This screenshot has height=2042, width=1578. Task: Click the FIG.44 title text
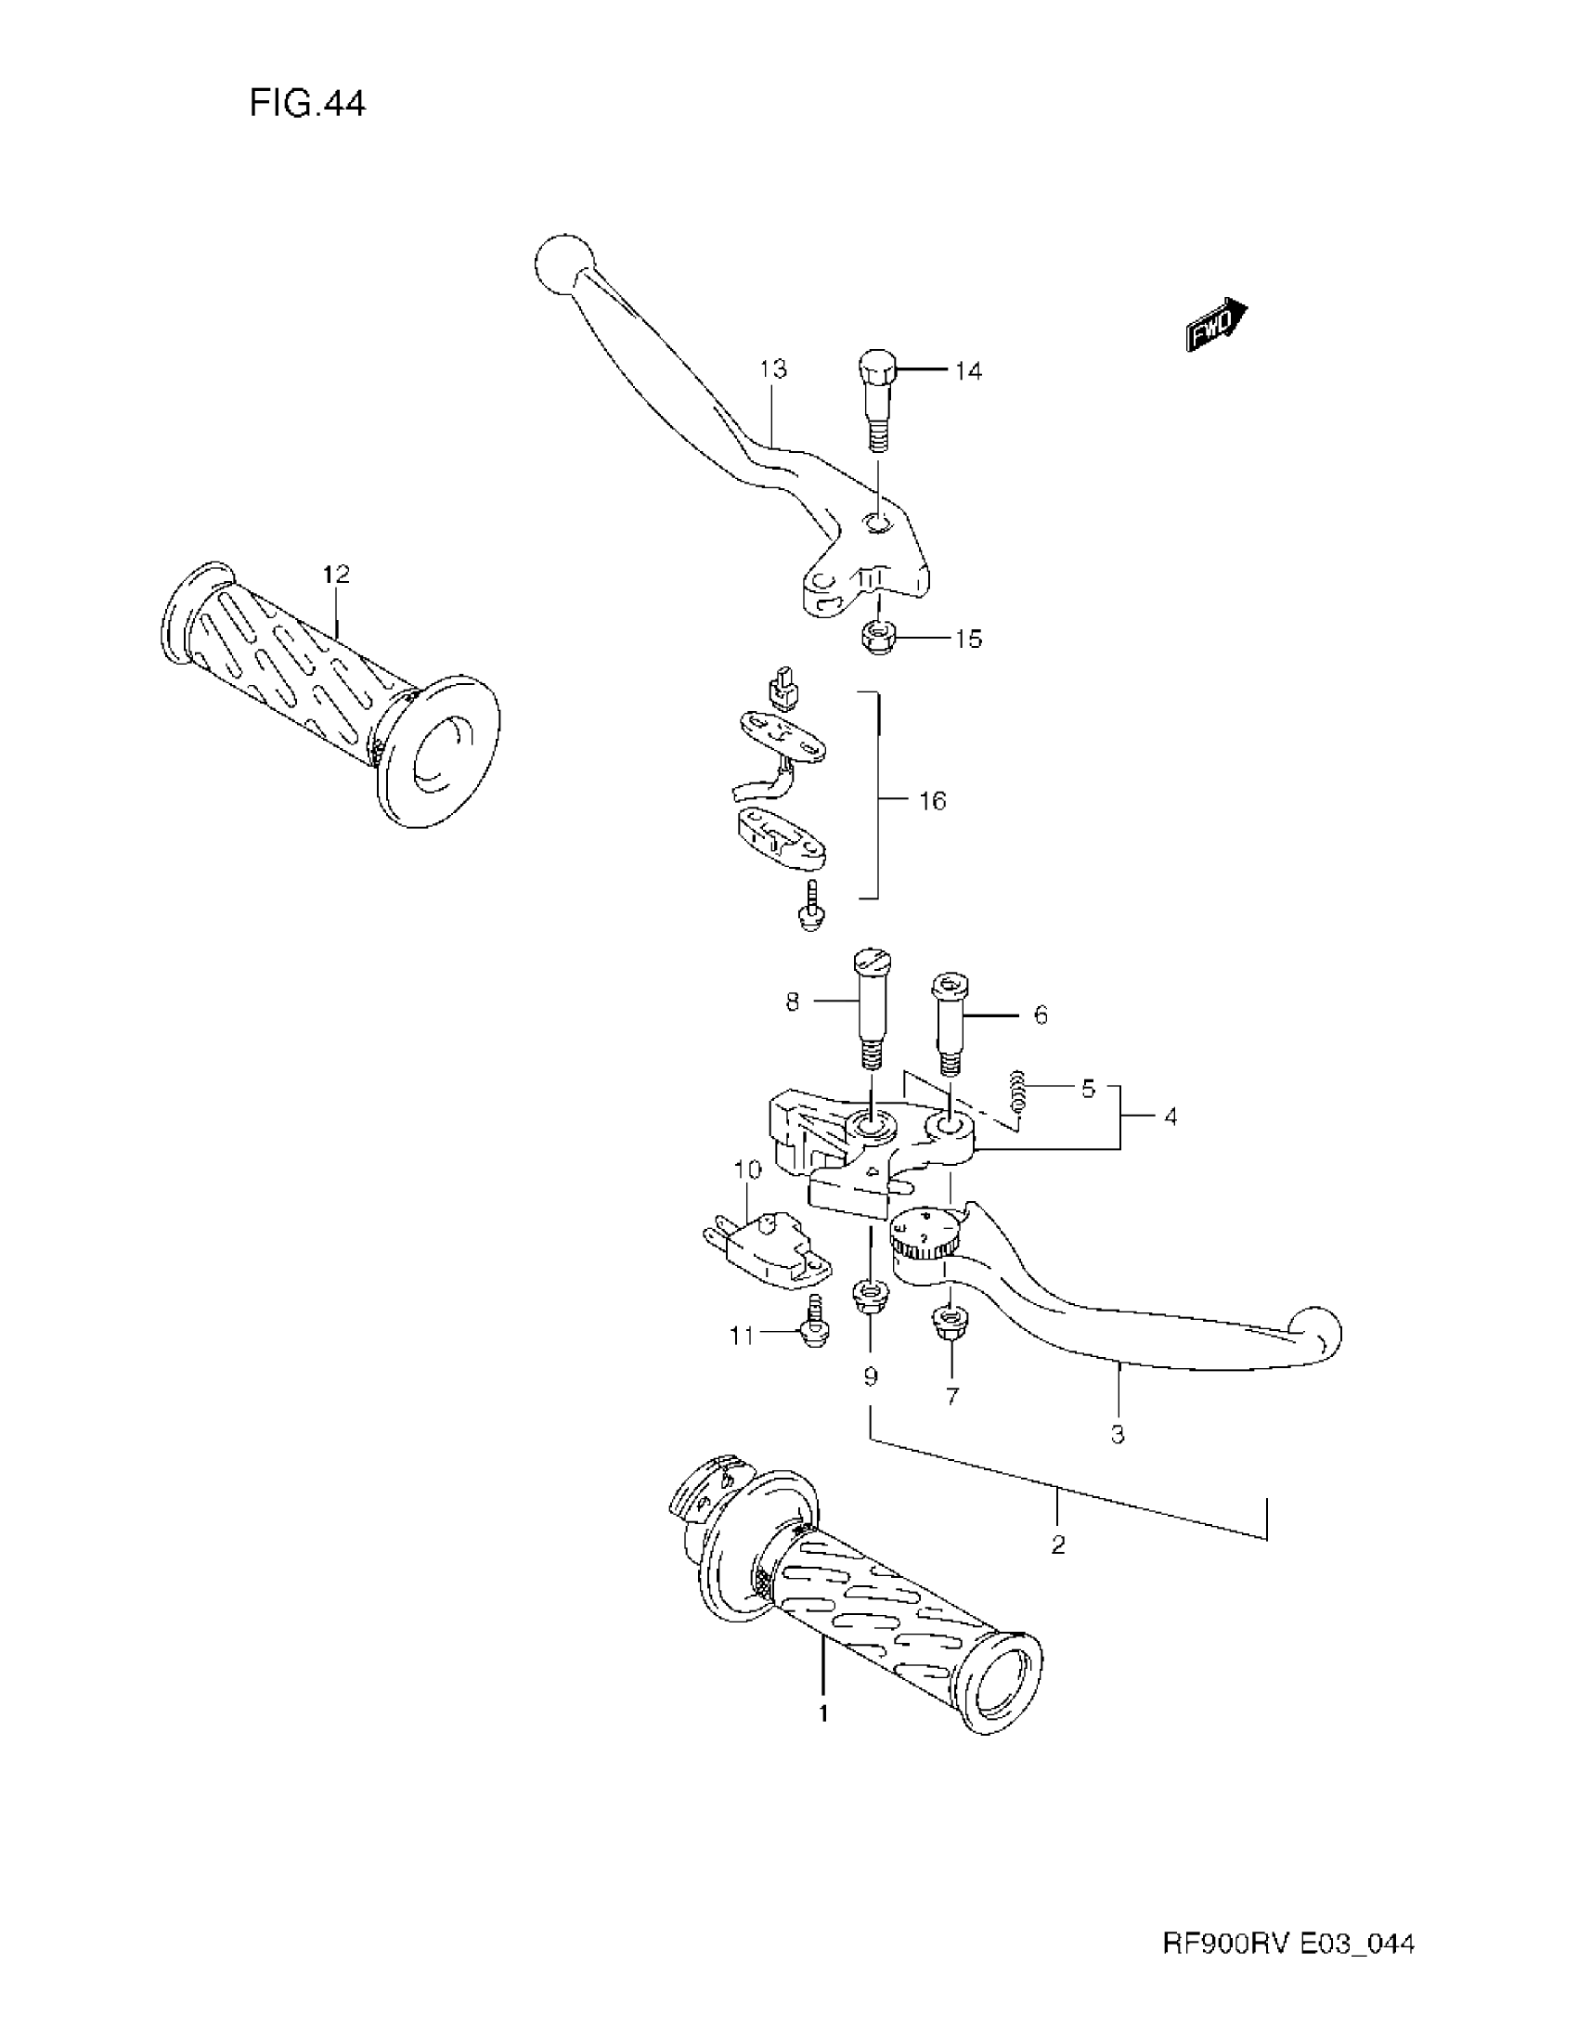(306, 103)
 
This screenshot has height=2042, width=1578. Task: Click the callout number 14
(968, 371)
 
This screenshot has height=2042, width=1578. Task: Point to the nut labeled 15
(876, 639)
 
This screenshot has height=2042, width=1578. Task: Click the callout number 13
(773, 369)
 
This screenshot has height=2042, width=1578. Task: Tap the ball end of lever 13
(563, 264)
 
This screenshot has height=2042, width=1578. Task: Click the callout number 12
(336, 574)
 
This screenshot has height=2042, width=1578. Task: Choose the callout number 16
(932, 800)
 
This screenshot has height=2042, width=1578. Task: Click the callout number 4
(1170, 1117)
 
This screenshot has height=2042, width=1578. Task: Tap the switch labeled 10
(767, 1244)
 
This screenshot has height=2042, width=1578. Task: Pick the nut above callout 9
(871, 1299)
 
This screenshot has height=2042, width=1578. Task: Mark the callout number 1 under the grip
(823, 1713)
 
